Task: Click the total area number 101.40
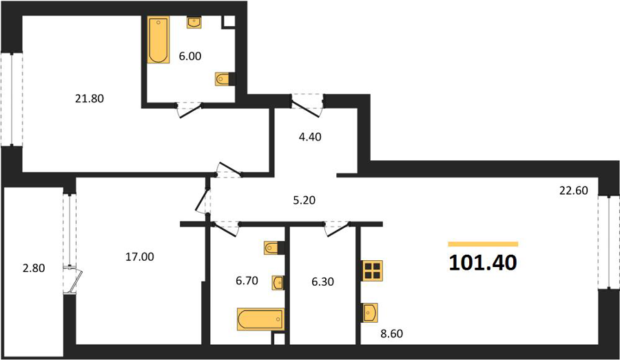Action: pyautogui.click(x=483, y=262)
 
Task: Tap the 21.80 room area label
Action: pyautogui.click(x=90, y=98)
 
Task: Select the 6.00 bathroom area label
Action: pyautogui.click(x=190, y=56)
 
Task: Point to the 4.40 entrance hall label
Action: pyautogui.click(x=310, y=137)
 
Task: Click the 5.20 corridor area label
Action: pyautogui.click(x=304, y=200)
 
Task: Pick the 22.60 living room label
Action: pyautogui.click(x=573, y=191)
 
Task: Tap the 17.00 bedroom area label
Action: pyautogui.click(x=140, y=257)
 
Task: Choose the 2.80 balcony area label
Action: pyautogui.click(x=34, y=268)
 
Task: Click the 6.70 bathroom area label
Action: pyautogui.click(x=247, y=281)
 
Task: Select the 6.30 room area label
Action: pyautogui.click(x=322, y=282)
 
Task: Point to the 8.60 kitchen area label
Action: pyautogui.click(x=391, y=334)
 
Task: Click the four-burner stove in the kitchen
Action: pyautogui.click(x=372, y=271)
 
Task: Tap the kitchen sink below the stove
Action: pyautogui.click(x=370, y=313)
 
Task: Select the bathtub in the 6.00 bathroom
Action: pyautogui.click(x=158, y=40)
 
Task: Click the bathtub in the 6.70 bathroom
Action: pyautogui.click(x=261, y=319)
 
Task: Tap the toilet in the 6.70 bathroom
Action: pyautogui.click(x=274, y=248)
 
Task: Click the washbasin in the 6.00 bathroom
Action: pyautogui.click(x=194, y=23)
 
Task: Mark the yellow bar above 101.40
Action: pyautogui.click(x=483, y=244)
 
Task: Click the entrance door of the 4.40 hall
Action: pyautogui.click(x=307, y=105)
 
